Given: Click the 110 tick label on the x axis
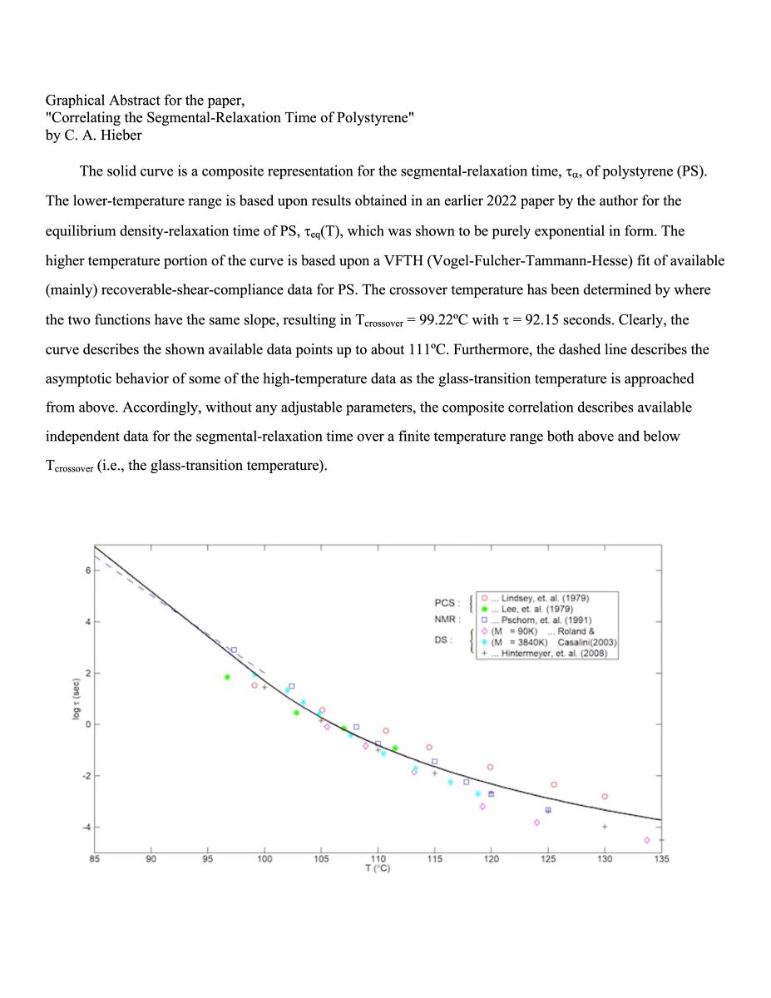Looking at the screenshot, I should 378,859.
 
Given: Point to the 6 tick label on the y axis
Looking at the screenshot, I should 86,571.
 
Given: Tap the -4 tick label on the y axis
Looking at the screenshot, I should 85,827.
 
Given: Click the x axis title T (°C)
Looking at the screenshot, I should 378,869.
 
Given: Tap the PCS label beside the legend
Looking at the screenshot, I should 447,602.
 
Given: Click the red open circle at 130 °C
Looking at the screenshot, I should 605,797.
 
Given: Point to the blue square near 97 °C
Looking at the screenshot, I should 234,650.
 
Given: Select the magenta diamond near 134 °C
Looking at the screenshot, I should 646,840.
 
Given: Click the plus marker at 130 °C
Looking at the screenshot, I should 605,827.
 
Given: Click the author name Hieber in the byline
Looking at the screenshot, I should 120,136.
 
